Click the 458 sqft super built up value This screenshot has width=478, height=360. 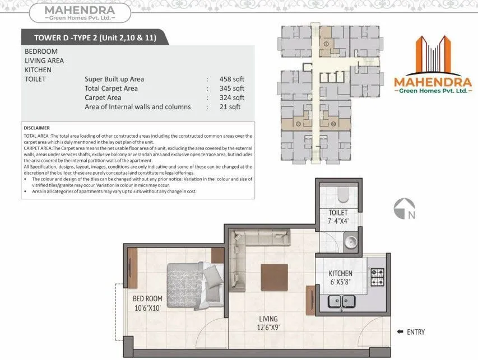[x=232, y=79]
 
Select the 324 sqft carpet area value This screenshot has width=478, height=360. [x=232, y=97]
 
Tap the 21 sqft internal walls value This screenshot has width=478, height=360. [x=230, y=106]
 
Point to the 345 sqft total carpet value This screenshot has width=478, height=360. [x=232, y=88]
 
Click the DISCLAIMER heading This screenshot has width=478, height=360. [x=37, y=128]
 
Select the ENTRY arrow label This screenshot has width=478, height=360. [x=411, y=332]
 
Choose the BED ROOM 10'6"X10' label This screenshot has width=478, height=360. [x=147, y=303]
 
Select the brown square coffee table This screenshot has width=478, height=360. [x=274, y=277]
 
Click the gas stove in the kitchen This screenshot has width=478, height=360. [x=378, y=275]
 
